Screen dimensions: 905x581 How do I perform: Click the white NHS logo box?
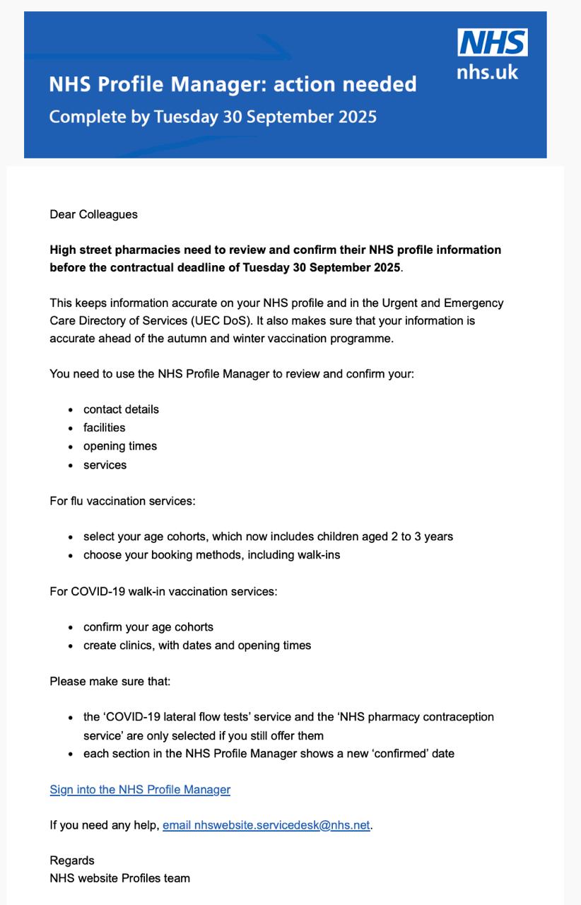(x=492, y=42)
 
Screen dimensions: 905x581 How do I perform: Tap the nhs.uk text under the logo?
(x=487, y=71)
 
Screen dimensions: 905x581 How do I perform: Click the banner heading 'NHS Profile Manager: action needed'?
(x=233, y=85)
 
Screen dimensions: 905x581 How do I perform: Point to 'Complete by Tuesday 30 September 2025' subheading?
(x=212, y=117)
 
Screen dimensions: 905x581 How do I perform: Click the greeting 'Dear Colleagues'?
(x=93, y=214)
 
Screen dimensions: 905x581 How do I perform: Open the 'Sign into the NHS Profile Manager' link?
(x=140, y=790)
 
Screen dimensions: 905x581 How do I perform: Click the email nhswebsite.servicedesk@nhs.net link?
(x=266, y=825)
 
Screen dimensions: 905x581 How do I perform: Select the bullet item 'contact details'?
(x=121, y=409)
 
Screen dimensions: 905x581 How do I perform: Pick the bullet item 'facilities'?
(x=104, y=428)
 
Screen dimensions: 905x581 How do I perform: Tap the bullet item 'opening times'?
(x=120, y=446)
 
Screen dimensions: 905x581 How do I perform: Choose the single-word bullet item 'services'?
(x=105, y=465)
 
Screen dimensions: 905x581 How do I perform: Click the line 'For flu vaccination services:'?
(x=122, y=501)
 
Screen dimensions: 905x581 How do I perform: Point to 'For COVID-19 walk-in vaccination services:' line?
(x=163, y=591)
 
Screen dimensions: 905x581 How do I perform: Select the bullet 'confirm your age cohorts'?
(x=148, y=627)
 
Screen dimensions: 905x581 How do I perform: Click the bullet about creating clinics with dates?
(x=197, y=646)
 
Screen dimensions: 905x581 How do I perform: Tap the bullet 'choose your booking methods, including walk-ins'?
(x=211, y=555)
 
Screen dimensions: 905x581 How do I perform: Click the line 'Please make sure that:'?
(x=110, y=682)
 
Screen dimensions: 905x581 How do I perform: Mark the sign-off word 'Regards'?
(x=72, y=860)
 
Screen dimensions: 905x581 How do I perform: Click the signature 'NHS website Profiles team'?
(x=119, y=878)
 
